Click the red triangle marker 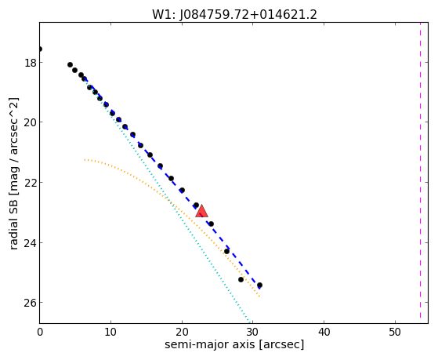coord(201,211)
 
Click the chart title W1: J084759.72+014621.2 coord(234,14)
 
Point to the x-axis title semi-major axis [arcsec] coord(234,344)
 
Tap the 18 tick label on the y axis coord(31,63)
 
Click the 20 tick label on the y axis coord(31,122)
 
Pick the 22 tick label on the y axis coord(31,183)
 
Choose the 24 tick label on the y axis coord(31,243)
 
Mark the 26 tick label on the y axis coord(31,303)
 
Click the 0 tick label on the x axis coord(40,332)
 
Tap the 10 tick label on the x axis coord(111,332)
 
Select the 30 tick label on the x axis coord(253,332)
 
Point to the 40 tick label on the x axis coord(324,332)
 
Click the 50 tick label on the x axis coord(395,332)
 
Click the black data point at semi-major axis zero coord(40,49)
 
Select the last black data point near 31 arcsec coord(259,285)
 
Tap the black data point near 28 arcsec coord(241,279)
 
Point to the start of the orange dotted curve coord(85,160)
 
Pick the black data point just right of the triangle coord(212,224)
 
